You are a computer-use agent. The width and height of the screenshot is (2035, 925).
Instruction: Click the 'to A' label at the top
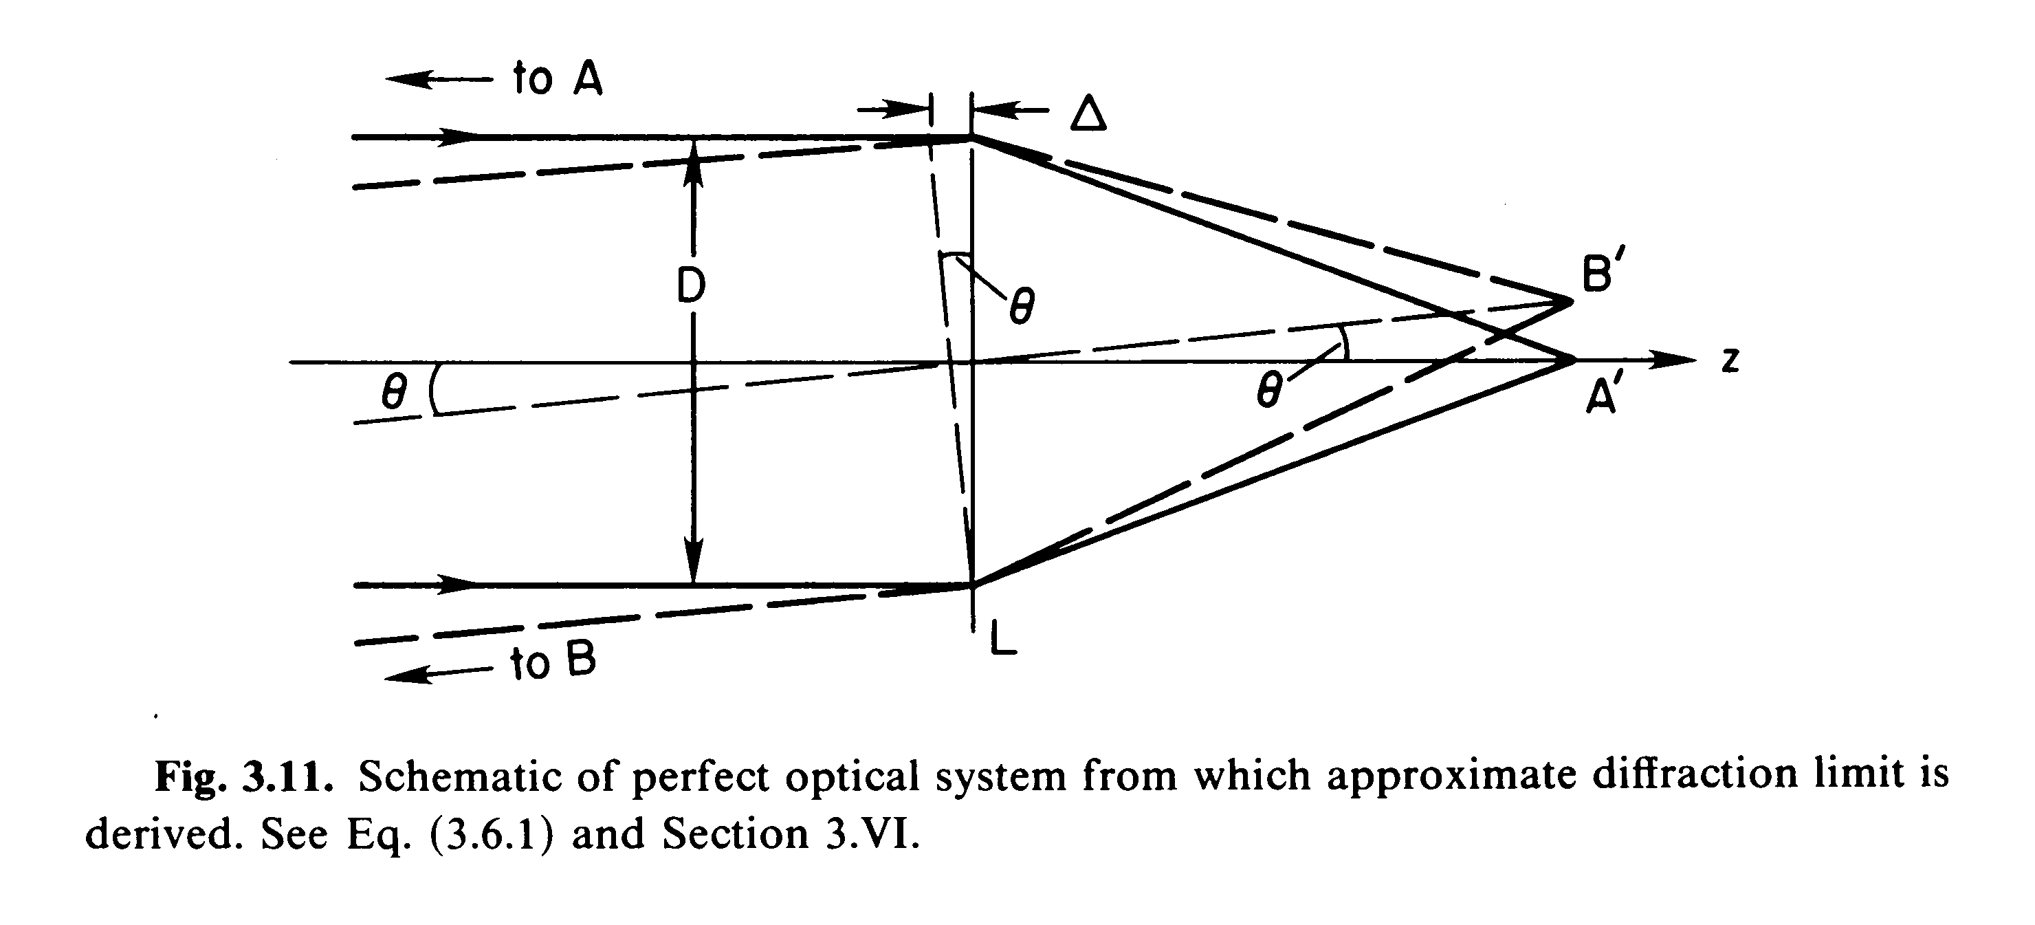[557, 79]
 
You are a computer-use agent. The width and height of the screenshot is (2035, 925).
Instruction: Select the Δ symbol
[1088, 116]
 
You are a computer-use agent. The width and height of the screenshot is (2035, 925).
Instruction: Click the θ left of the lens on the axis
[393, 391]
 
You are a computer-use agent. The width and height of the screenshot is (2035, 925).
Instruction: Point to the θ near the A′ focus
[1268, 390]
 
